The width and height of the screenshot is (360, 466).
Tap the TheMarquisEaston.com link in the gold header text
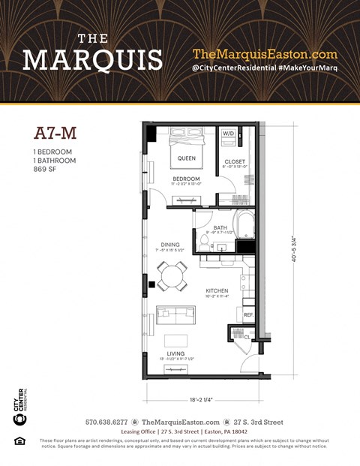[x=265, y=54]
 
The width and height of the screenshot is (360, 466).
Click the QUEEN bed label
[x=186, y=158]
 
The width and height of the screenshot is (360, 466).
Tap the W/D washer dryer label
[x=228, y=134]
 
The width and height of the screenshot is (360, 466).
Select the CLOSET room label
[x=235, y=162]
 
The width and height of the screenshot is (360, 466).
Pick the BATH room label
[x=220, y=227]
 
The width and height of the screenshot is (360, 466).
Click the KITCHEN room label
[x=217, y=290]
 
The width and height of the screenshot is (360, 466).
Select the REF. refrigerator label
[x=248, y=315]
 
